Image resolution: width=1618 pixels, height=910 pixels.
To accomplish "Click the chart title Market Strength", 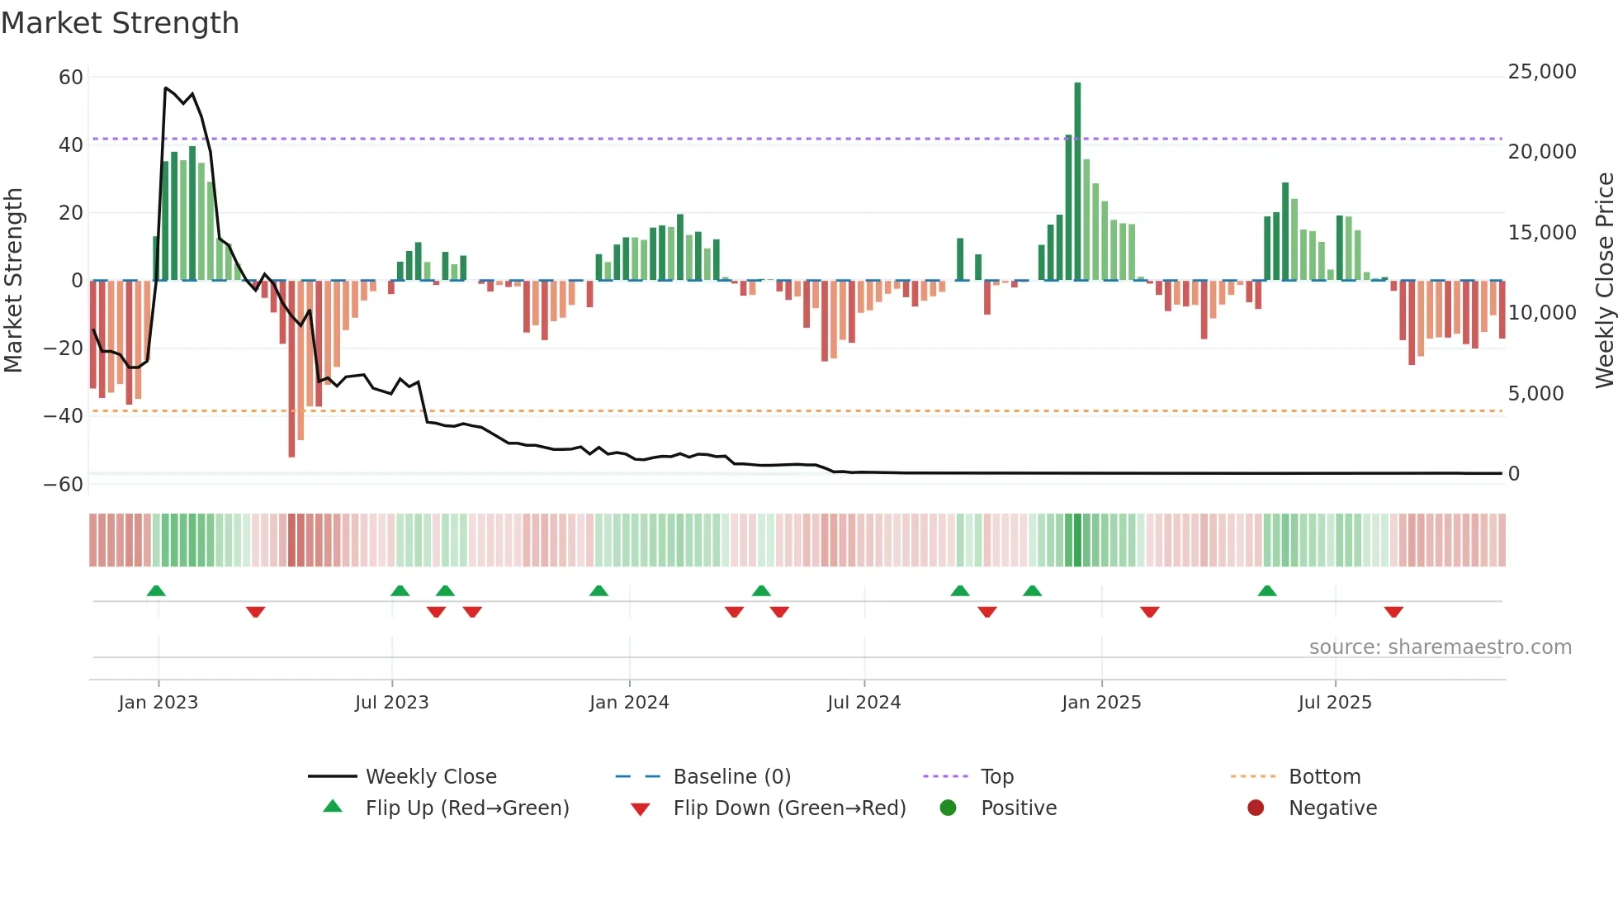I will [120, 23].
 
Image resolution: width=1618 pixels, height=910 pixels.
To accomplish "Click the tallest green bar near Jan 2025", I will [1077, 182].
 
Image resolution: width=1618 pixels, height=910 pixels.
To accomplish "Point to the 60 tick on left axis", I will [71, 78].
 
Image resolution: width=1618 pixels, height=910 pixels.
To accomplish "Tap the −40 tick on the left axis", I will [64, 416].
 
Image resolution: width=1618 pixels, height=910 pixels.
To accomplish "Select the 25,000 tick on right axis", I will [1541, 72].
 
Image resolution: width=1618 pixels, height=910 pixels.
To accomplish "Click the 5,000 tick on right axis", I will [1535, 394].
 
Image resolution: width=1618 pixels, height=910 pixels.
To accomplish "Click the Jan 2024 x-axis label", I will [629, 703].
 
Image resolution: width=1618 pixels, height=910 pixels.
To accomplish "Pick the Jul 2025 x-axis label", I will [1334, 703].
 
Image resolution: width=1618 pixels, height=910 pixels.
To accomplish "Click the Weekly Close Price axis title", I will [1604, 280].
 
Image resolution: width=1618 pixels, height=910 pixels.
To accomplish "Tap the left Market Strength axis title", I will [13, 280].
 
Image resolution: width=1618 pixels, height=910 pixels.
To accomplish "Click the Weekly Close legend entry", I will [431, 777].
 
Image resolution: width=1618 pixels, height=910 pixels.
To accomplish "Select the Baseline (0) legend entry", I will [731, 777].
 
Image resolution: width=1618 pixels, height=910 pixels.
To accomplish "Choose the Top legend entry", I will [996, 777].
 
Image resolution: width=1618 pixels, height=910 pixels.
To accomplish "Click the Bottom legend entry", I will [1324, 777].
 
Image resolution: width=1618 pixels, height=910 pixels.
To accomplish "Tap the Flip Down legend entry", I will [789, 808].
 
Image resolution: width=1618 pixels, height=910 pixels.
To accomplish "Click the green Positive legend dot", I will [948, 808].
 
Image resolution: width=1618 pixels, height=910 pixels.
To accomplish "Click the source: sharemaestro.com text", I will [1440, 647].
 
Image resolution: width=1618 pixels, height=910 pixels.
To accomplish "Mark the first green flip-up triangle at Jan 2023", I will [156, 590].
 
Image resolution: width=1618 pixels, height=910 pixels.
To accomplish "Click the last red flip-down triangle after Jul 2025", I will [1393, 612].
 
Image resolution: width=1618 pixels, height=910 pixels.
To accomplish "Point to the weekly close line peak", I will [166, 88].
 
